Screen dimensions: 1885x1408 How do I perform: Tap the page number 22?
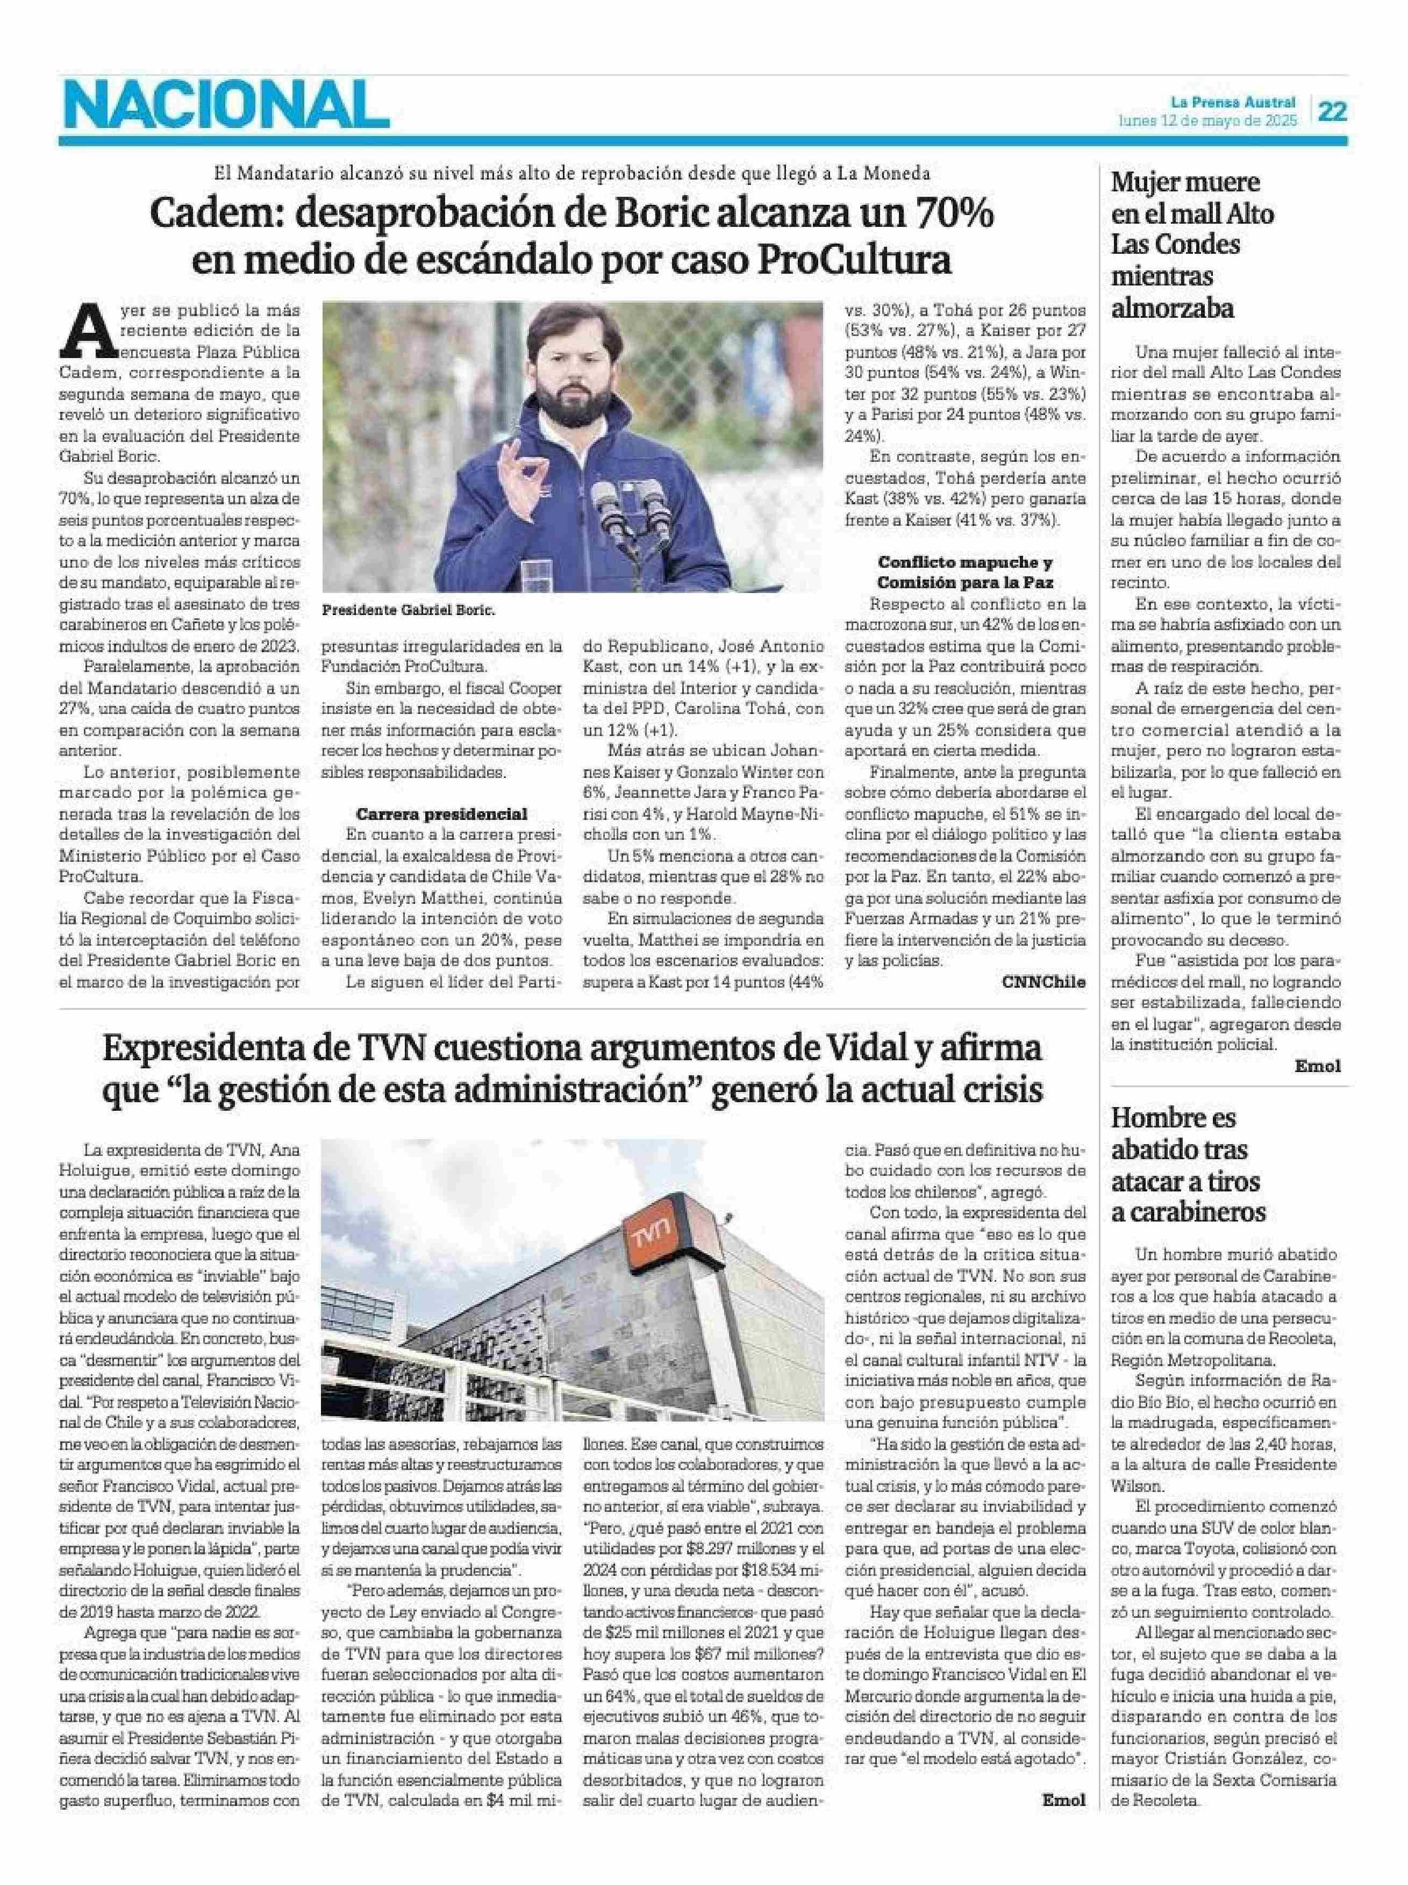[1332, 112]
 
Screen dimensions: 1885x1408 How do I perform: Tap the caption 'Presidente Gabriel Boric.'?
[408, 611]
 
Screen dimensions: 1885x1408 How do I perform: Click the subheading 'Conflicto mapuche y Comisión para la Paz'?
[965, 573]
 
